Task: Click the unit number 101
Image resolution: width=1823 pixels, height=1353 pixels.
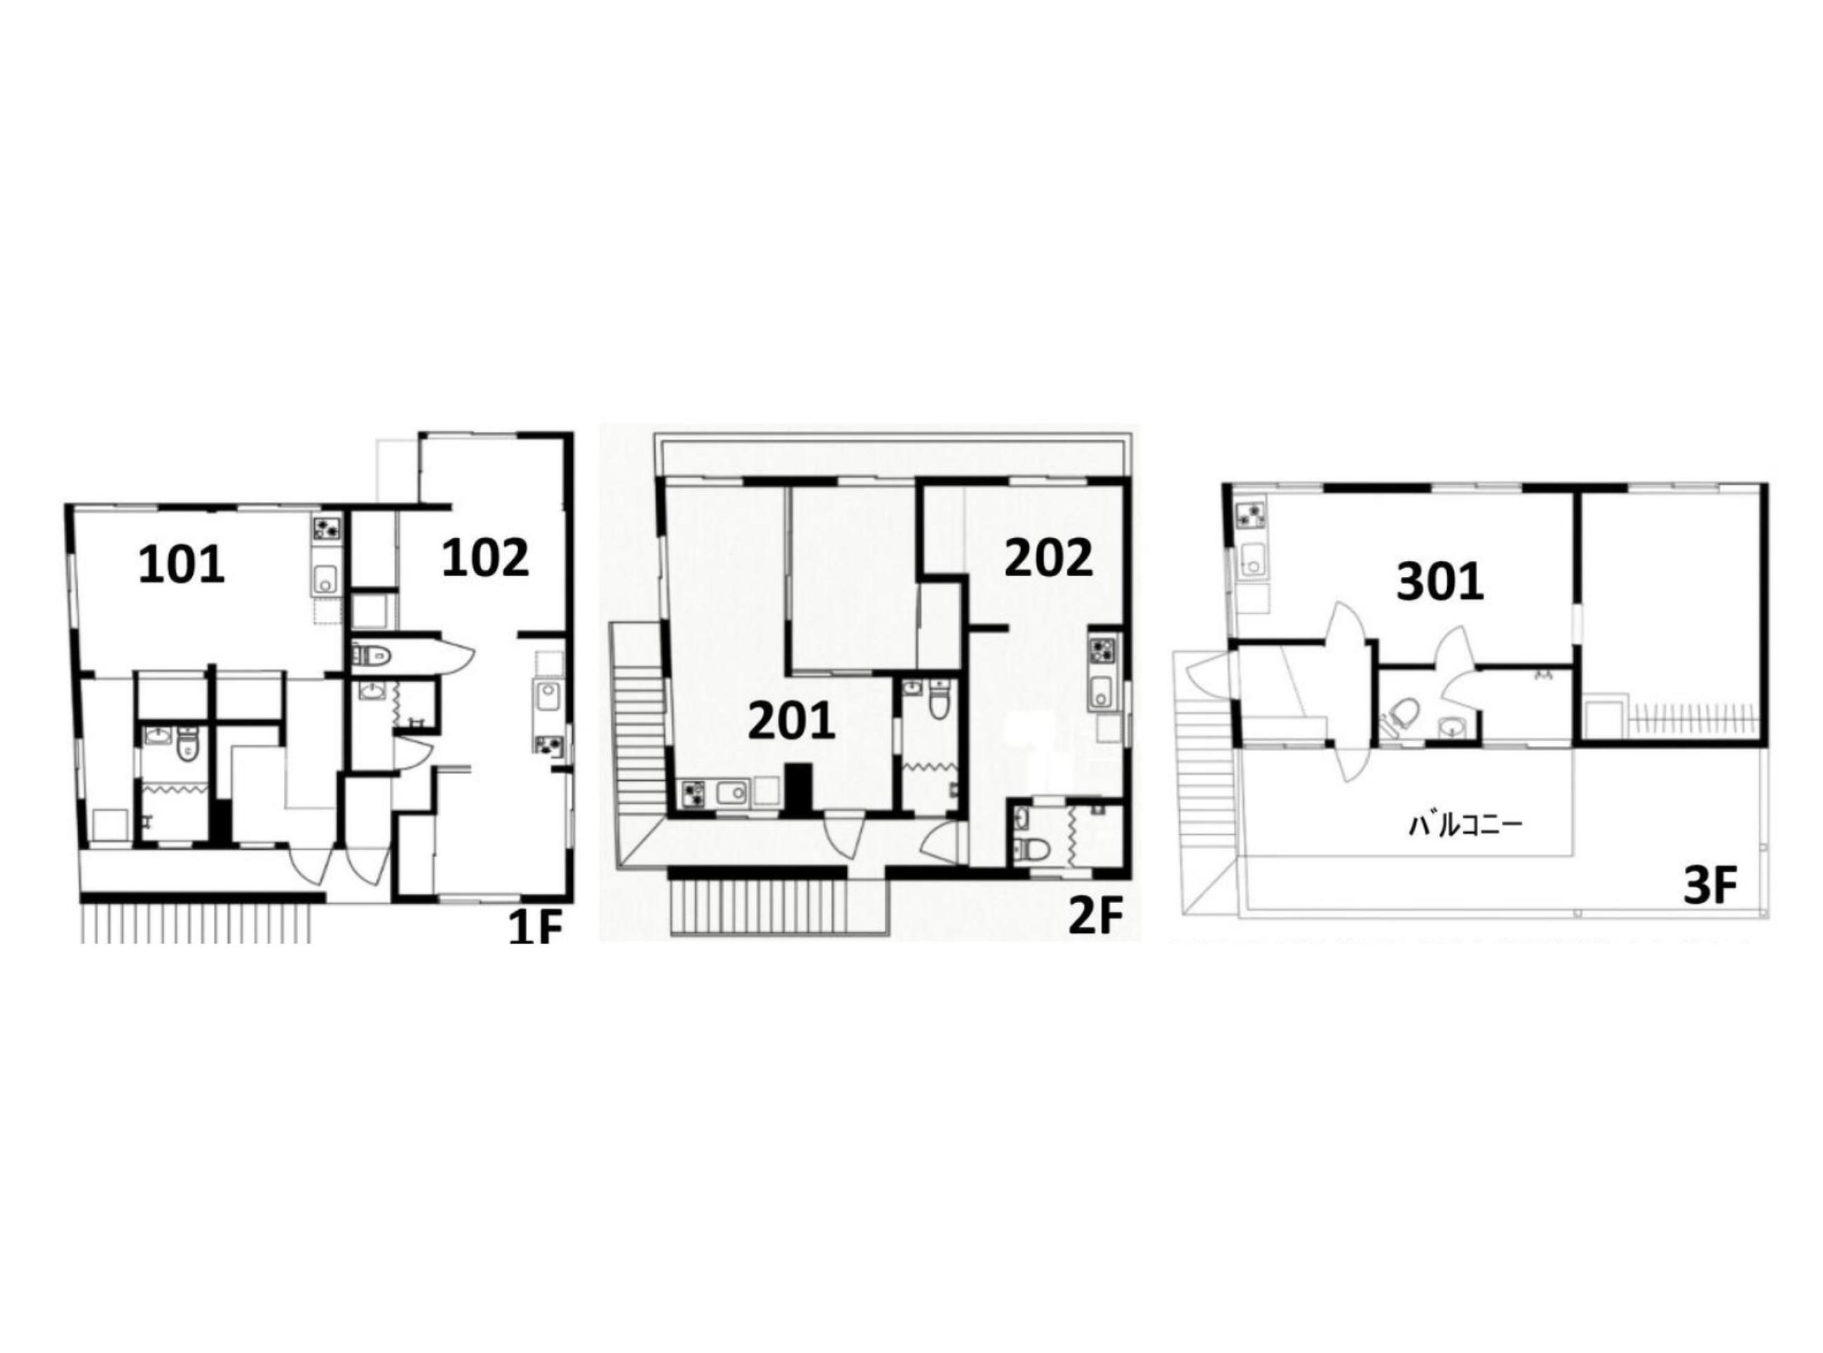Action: click(181, 565)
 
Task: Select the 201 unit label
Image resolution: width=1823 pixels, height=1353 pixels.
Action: click(791, 721)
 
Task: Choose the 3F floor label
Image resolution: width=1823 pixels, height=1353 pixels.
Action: click(1710, 885)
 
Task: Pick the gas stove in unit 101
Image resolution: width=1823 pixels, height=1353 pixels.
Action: click(326, 529)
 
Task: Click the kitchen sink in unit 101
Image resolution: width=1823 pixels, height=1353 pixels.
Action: click(326, 580)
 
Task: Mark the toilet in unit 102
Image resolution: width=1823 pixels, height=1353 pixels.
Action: click(374, 654)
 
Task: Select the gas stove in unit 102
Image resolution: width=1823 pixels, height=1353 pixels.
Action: click(545, 745)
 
